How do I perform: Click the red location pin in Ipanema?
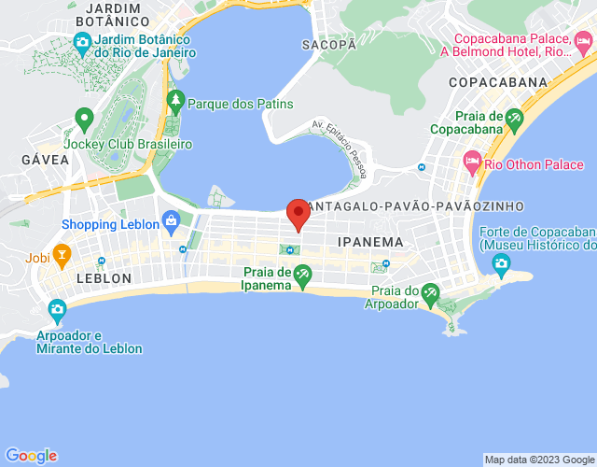pyautogui.click(x=298, y=212)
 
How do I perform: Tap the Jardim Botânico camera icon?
pyautogui.click(x=83, y=43)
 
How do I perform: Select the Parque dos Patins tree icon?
pyautogui.click(x=174, y=99)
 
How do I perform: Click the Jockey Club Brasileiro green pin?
pyautogui.click(x=84, y=120)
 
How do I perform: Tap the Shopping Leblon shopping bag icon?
pyautogui.click(x=171, y=221)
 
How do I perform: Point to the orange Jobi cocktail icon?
pyautogui.click(x=62, y=253)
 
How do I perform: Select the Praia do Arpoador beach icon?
pyautogui.click(x=430, y=295)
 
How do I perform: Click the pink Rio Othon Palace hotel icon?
pyautogui.click(x=472, y=164)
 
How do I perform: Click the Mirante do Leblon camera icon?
pyautogui.click(x=58, y=309)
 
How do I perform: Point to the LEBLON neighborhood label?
pyautogui.click(x=104, y=278)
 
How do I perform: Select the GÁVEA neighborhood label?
pyautogui.click(x=45, y=160)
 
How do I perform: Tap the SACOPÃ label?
pyautogui.click(x=329, y=44)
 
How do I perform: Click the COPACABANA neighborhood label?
pyautogui.click(x=497, y=82)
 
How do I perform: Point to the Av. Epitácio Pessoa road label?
pyautogui.click(x=337, y=148)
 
